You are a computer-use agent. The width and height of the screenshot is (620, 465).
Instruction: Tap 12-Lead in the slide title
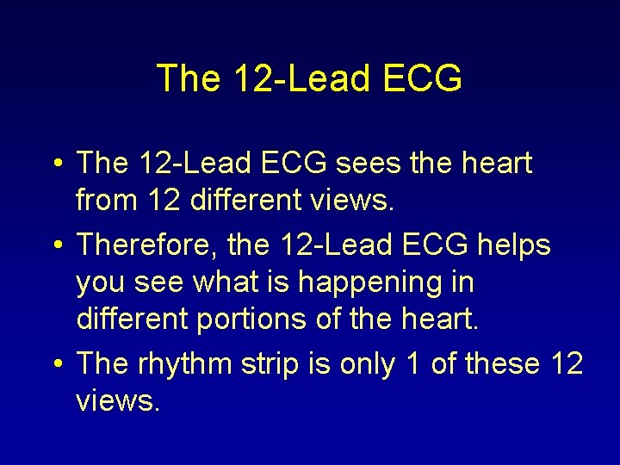(292, 78)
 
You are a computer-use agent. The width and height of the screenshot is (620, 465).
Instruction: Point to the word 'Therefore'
(150, 245)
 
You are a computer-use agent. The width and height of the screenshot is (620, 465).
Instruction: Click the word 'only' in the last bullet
(369, 364)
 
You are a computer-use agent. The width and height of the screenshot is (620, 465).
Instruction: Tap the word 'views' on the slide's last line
(117, 401)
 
